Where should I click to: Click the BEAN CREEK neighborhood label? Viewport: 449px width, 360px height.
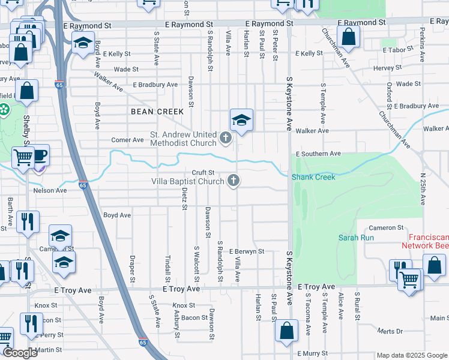tap(157, 112)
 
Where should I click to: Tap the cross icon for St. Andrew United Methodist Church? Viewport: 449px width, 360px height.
tap(226, 139)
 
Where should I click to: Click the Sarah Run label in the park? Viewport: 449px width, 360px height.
tap(356, 238)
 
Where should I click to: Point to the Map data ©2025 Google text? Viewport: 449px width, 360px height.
tap(412, 355)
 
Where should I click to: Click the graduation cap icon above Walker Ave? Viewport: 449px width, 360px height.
tap(241, 120)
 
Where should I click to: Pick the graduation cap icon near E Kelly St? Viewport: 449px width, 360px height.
tap(82, 43)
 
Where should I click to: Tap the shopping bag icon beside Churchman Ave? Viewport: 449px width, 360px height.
tap(348, 37)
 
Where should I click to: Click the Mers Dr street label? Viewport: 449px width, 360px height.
tap(390, 331)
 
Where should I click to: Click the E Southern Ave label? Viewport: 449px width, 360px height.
tap(318, 154)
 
